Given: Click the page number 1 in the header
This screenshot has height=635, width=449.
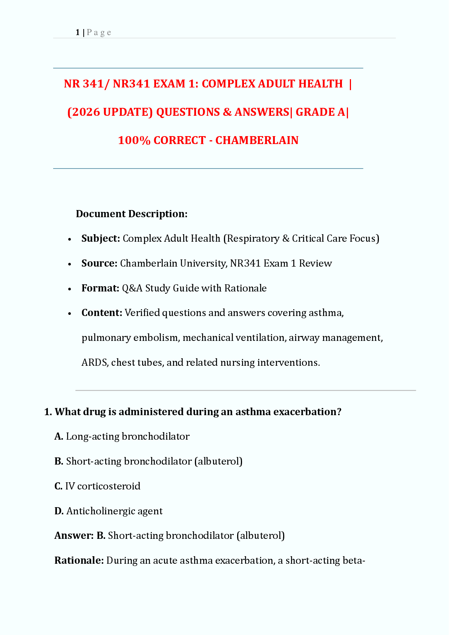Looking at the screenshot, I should point(77,32).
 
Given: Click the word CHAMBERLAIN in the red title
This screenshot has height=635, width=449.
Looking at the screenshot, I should point(257,140).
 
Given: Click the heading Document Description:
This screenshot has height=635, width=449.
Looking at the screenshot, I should point(132,214).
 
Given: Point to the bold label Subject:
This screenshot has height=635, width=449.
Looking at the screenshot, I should point(101,238).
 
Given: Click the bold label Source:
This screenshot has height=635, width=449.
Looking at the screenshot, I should point(100,263).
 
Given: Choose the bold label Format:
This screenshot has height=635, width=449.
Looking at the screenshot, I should point(100,288).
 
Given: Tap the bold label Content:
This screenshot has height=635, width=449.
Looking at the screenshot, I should point(102,313).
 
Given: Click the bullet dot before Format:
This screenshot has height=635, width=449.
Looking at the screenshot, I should point(70,289).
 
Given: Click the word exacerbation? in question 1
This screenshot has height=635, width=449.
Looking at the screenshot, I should point(307,411).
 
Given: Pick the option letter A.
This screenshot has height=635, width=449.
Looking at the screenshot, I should point(58,436).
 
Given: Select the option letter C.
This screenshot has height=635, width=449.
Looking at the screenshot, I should point(58,486).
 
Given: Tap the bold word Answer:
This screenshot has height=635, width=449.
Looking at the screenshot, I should point(74,535).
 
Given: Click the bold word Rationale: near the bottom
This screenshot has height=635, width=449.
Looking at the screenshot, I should point(79,560).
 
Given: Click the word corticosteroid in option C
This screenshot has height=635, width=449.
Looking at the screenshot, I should point(109,486).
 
